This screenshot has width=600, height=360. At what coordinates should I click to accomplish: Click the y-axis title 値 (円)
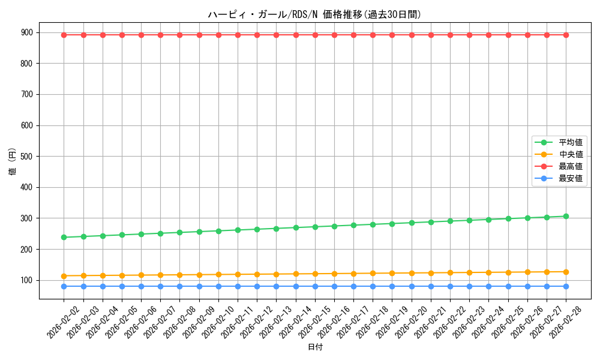pos(12,162)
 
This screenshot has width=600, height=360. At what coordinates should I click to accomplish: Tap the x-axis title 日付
pos(315,347)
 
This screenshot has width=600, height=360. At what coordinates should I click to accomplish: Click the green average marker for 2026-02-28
pos(566,216)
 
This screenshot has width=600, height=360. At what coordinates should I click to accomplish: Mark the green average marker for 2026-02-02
pos(64,237)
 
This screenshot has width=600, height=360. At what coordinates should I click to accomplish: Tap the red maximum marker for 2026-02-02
pos(64,35)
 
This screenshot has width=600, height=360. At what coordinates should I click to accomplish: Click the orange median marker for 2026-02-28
pos(566,272)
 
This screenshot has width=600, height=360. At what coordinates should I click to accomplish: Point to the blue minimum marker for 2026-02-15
pos(315,286)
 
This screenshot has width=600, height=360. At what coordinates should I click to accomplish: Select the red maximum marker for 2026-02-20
pos(412,35)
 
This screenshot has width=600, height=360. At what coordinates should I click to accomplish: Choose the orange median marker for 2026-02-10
pos(218,274)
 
